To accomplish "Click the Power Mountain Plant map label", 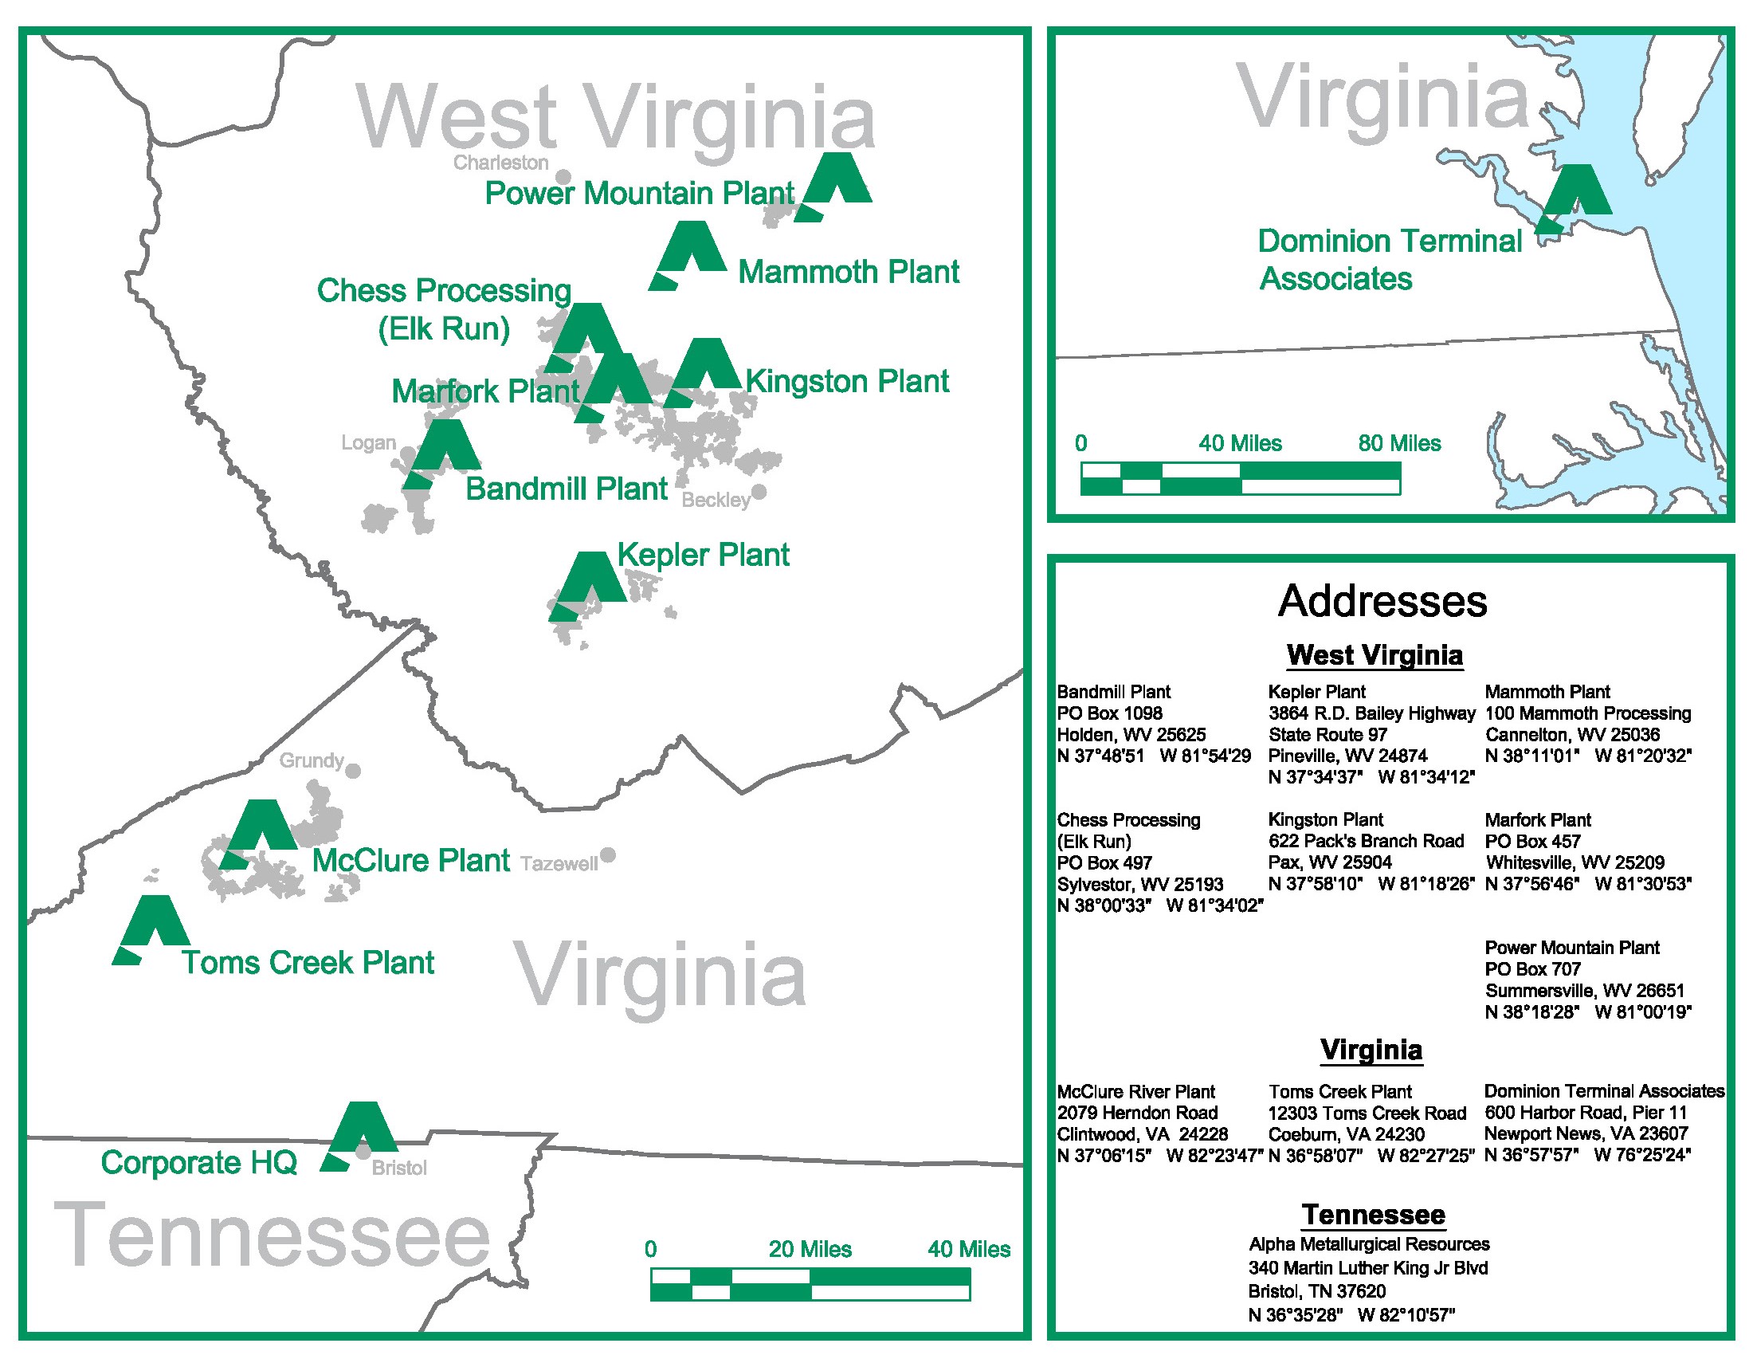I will pyautogui.click(x=640, y=194).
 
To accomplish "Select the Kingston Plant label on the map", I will pyautogui.click(x=847, y=381).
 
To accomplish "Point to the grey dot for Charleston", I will pyautogui.click(x=564, y=177).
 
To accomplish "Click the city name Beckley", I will pyautogui.click(x=716, y=500).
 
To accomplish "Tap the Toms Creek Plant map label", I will pyautogui.click(x=308, y=963).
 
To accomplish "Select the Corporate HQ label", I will pyautogui.click(x=199, y=1162).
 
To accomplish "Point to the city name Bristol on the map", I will pyautogui.click(x=399, y=1168).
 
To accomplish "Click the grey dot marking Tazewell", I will pyautogui.click(x=609, y=855).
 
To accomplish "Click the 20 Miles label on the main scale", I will pyautogui.click(x=809, y=1249).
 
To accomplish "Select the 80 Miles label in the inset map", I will pyautogui.click(x=1399, y=443).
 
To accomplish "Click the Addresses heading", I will pyautogui.click(x=1382, y=601).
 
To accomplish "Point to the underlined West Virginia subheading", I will pyautogui.click(x=1375, y=655).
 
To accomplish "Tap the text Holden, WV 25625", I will pyautogui.click(x=1130, y=735).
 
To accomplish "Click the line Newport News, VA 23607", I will pyautogui.click(x=1585, y=1133).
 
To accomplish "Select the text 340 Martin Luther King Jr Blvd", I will pyautogui.click(x=1367, y=1268).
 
